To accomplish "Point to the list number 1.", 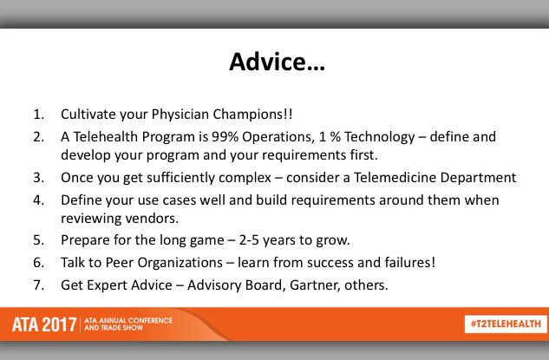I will click(x=39, y=115).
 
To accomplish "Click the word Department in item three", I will click(x=479, y=177).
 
